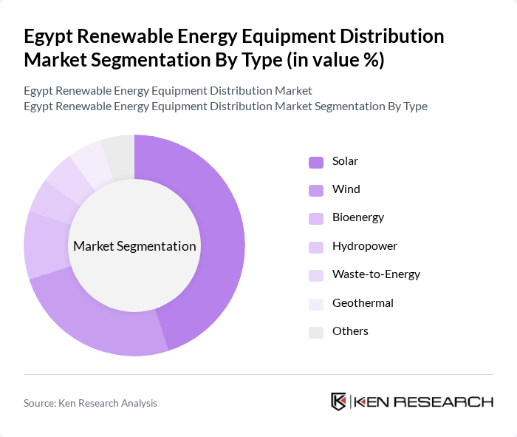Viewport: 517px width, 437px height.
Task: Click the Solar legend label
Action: pos(345,161)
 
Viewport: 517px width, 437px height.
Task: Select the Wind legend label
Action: pos(346,189)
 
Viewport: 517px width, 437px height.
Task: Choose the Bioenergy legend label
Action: pos(357,217)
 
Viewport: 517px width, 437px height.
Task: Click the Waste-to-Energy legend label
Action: pos(376,274)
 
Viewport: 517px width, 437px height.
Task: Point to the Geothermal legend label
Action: pos(363,302)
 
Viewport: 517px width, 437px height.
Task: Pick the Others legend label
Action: pos(350,331)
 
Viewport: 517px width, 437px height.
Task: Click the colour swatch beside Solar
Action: pos(315,162)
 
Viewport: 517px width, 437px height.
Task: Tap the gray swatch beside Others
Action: pos(315,332)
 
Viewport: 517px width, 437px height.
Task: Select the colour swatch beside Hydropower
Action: pos(315,247)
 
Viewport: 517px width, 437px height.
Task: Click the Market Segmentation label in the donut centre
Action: pos(134,246)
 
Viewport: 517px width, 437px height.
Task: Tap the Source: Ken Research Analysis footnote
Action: pos(90,403)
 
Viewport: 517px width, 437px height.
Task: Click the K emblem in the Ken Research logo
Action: pos(338,402)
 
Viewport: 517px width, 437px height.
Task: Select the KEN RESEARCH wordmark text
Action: pos(424,402)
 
